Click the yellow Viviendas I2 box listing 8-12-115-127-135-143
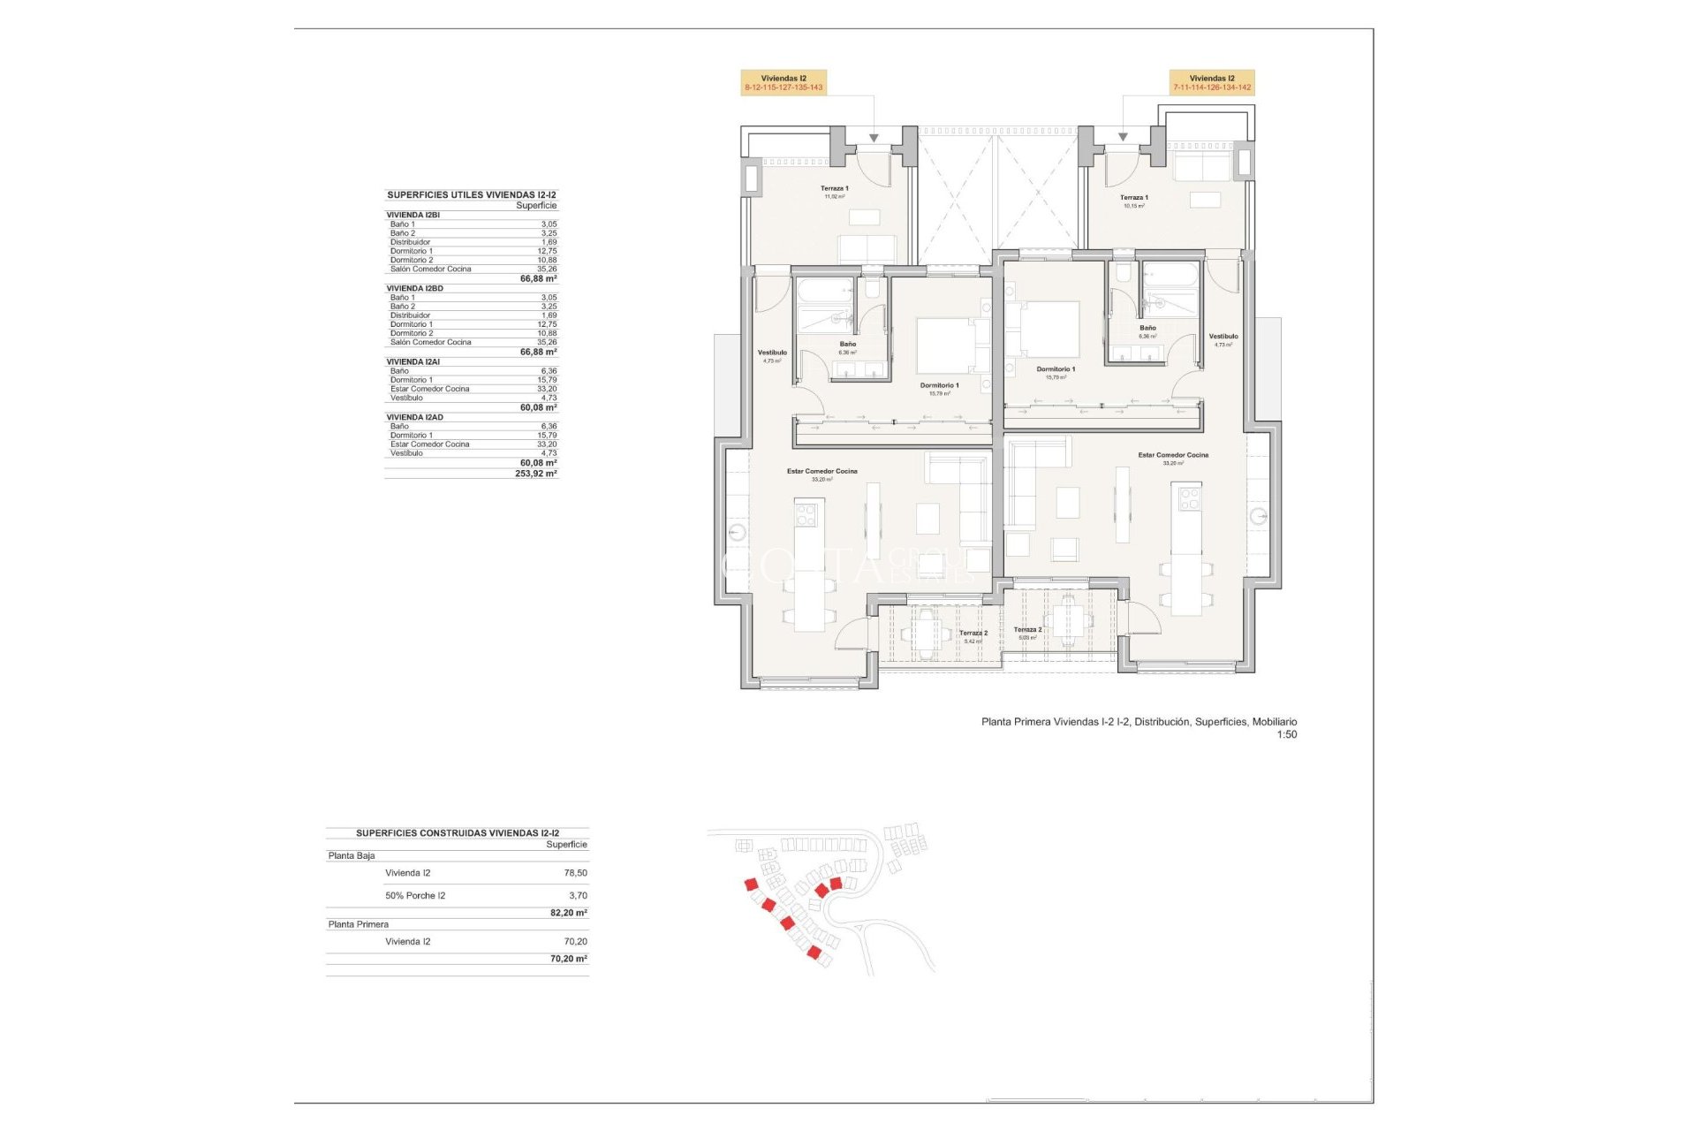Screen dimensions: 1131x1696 coord(784,83)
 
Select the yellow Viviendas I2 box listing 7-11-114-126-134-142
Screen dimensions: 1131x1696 coord(1212,83)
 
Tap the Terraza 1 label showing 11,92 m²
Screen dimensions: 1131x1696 coord(834,191)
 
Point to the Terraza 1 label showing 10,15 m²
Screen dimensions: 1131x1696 coord(1133,201)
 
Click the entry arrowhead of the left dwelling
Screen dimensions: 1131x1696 coord(874,138)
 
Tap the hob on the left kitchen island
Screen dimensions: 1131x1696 coord(807,512)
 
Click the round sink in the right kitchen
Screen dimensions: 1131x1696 coord(1258,517)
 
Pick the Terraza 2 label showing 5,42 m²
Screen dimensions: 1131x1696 coord(973,635)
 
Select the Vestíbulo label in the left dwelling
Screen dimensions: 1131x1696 coord(772,355)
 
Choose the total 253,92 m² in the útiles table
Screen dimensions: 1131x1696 coord(535,474)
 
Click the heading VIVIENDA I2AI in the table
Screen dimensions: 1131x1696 coord(413,362)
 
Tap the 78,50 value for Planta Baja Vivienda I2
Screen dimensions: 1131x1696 coord(575,873)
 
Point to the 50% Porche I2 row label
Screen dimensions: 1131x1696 coord(415,896)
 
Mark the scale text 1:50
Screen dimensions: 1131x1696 coord(1286,734)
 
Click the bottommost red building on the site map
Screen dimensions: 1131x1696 coord(814,953)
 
